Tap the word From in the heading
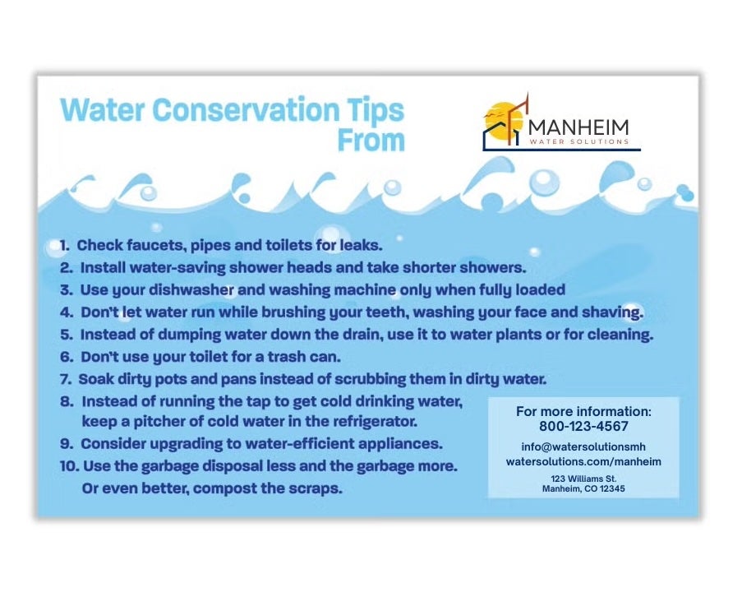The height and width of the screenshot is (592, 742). (371, 141)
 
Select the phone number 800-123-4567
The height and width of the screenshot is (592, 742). (583, 427)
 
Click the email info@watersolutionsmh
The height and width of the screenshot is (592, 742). (583, 447)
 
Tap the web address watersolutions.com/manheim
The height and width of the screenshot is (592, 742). (583, 462)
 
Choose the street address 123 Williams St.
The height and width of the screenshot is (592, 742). (583, 478)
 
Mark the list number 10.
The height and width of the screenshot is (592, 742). (69, 466)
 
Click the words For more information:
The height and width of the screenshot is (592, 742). (583, 411)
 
